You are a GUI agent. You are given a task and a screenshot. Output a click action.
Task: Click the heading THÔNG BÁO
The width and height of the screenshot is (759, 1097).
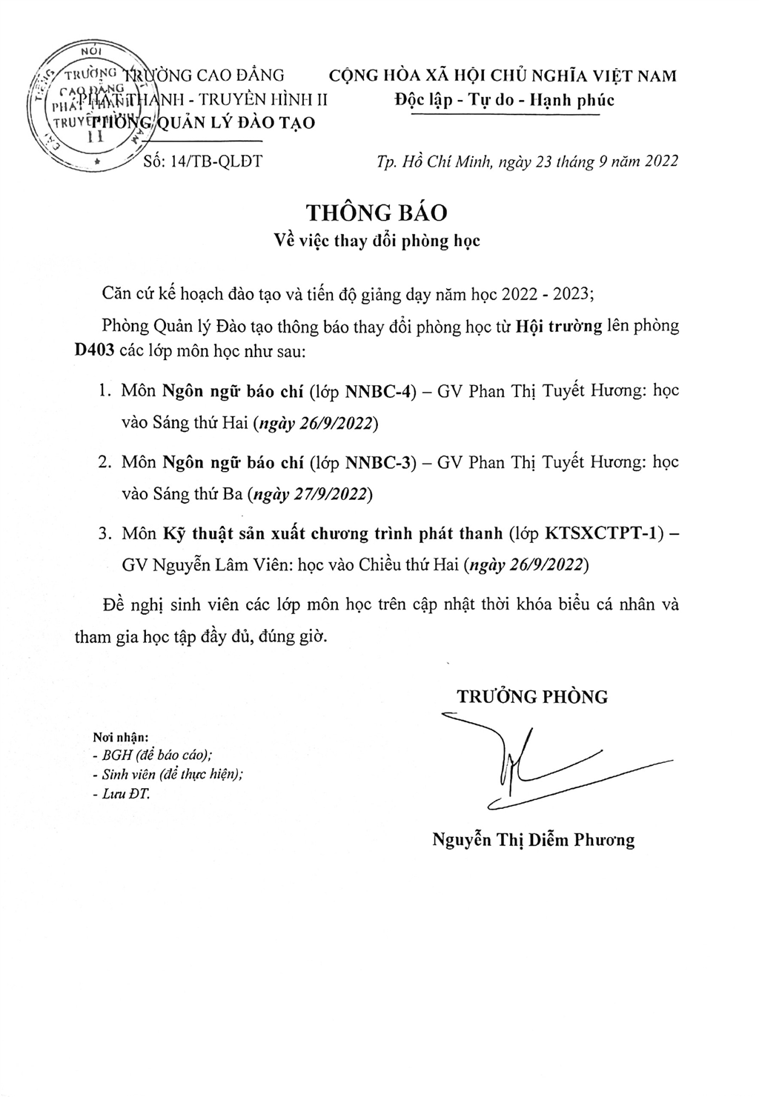pyautogui.click(x=377, y=213)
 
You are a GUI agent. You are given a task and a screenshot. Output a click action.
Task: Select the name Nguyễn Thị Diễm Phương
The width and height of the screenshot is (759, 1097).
pyautogui.click(x=534, y=840)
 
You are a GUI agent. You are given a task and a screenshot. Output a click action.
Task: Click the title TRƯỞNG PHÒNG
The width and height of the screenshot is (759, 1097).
pyautogui.click(x=531, y=696)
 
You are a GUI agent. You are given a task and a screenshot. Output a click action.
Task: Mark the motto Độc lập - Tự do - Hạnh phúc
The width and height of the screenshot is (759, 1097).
pyautogui.click(x=505, y=100)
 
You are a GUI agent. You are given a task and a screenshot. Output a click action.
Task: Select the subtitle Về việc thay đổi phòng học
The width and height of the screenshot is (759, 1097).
pyautogui.click(x=377, y=241)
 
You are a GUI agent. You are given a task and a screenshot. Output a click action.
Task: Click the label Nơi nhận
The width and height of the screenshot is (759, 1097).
pyautogui.click(x=121, y=738)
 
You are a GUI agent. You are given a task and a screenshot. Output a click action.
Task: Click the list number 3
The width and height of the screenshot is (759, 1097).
pyautogui.click(x=104, y=534)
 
